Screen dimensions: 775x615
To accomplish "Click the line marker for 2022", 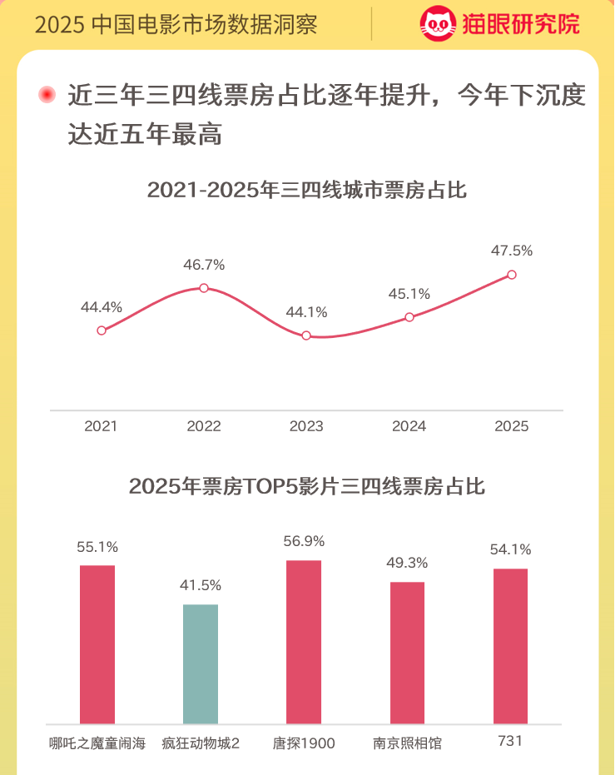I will pyautogui.click(x=204, y=288).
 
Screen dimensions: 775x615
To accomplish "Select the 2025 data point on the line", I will pyautogui.click(x=512, y=275).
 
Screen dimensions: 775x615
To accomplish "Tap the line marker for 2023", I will pyautogui.click(x=306, y=335).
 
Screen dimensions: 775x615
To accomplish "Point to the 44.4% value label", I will pyautogui.click(x=102, y=307).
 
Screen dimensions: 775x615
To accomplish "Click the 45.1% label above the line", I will pyautogui.click(x=409, y=294).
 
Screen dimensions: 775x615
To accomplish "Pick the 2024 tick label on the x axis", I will pyautogui.click(x=409, y=426).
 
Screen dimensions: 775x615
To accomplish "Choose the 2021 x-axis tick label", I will pyautogui.click(x=102, y=426).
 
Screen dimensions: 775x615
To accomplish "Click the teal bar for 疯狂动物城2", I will pyautogui.click(x=201, y=664).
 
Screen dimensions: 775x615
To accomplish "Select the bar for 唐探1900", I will pyautogui.click(x=304, y=642).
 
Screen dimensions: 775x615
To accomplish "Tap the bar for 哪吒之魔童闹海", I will pyautogui.click(x=97, y=644).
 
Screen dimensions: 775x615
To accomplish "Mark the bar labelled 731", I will pyautogui.click(x=510, y=646).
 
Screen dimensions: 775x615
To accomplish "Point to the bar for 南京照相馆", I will pyautogui.click(x=407, y=653).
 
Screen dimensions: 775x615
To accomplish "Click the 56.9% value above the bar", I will pyautogui.click(x=304, y=541).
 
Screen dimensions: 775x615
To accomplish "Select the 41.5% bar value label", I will pyautogui.click(x=201, y=585).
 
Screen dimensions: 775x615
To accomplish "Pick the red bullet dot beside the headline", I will pyautogui.click(x=47, y=95).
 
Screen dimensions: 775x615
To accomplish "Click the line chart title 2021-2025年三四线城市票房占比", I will pyautogui.click(x=307, y=191).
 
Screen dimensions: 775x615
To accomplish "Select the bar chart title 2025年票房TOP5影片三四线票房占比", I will pyautogui.click(x=307, y=486).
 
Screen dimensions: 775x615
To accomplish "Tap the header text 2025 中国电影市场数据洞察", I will pyautogui.click(x=176, y=24).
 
